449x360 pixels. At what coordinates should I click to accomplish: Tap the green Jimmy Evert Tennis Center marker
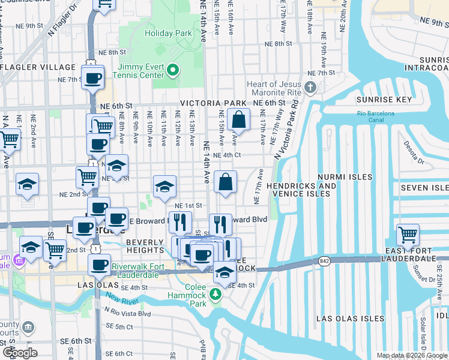point(172,71)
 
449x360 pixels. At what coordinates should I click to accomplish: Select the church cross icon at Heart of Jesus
point(310,88)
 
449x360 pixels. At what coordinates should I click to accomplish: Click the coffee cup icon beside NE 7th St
point(92,77)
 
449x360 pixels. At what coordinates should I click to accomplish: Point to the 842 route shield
point(325,261)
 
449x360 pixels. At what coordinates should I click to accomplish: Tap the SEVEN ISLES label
point(424,188)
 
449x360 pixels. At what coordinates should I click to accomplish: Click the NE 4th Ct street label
point(227,155)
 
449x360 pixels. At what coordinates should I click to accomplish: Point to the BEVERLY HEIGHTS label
point(145,247)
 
